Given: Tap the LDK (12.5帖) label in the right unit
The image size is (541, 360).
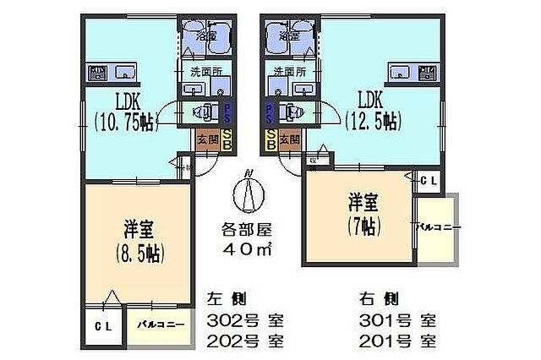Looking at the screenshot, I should tap(371, 111).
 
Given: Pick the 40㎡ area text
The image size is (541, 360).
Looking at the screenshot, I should tap(247, 249).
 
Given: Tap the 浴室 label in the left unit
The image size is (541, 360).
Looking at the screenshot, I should tap(206, 37).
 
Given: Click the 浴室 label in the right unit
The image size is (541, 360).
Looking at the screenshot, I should tap(288, 37).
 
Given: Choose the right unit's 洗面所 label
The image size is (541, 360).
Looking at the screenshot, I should tap(289, 73).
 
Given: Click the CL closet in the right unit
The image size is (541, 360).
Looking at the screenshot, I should tap(429, 180).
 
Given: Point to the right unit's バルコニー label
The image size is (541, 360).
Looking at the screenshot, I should tap(437, 227).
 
